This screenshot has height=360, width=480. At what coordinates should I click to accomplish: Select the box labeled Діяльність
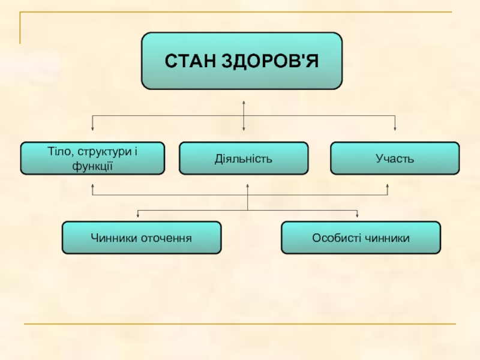244,158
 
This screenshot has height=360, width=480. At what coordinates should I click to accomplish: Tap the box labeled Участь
395,158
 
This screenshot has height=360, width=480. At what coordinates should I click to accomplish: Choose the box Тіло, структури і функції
92,158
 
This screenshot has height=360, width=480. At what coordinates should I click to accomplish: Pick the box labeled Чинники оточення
142,238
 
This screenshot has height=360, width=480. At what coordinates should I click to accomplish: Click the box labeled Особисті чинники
361,238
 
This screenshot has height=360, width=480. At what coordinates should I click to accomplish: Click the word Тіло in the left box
59,152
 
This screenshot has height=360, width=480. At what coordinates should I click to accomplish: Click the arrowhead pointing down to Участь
395,128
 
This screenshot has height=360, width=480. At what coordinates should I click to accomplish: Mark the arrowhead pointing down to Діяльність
244,128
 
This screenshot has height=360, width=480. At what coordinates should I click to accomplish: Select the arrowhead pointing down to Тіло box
92,128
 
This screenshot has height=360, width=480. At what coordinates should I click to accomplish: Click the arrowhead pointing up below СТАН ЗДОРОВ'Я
244,102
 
